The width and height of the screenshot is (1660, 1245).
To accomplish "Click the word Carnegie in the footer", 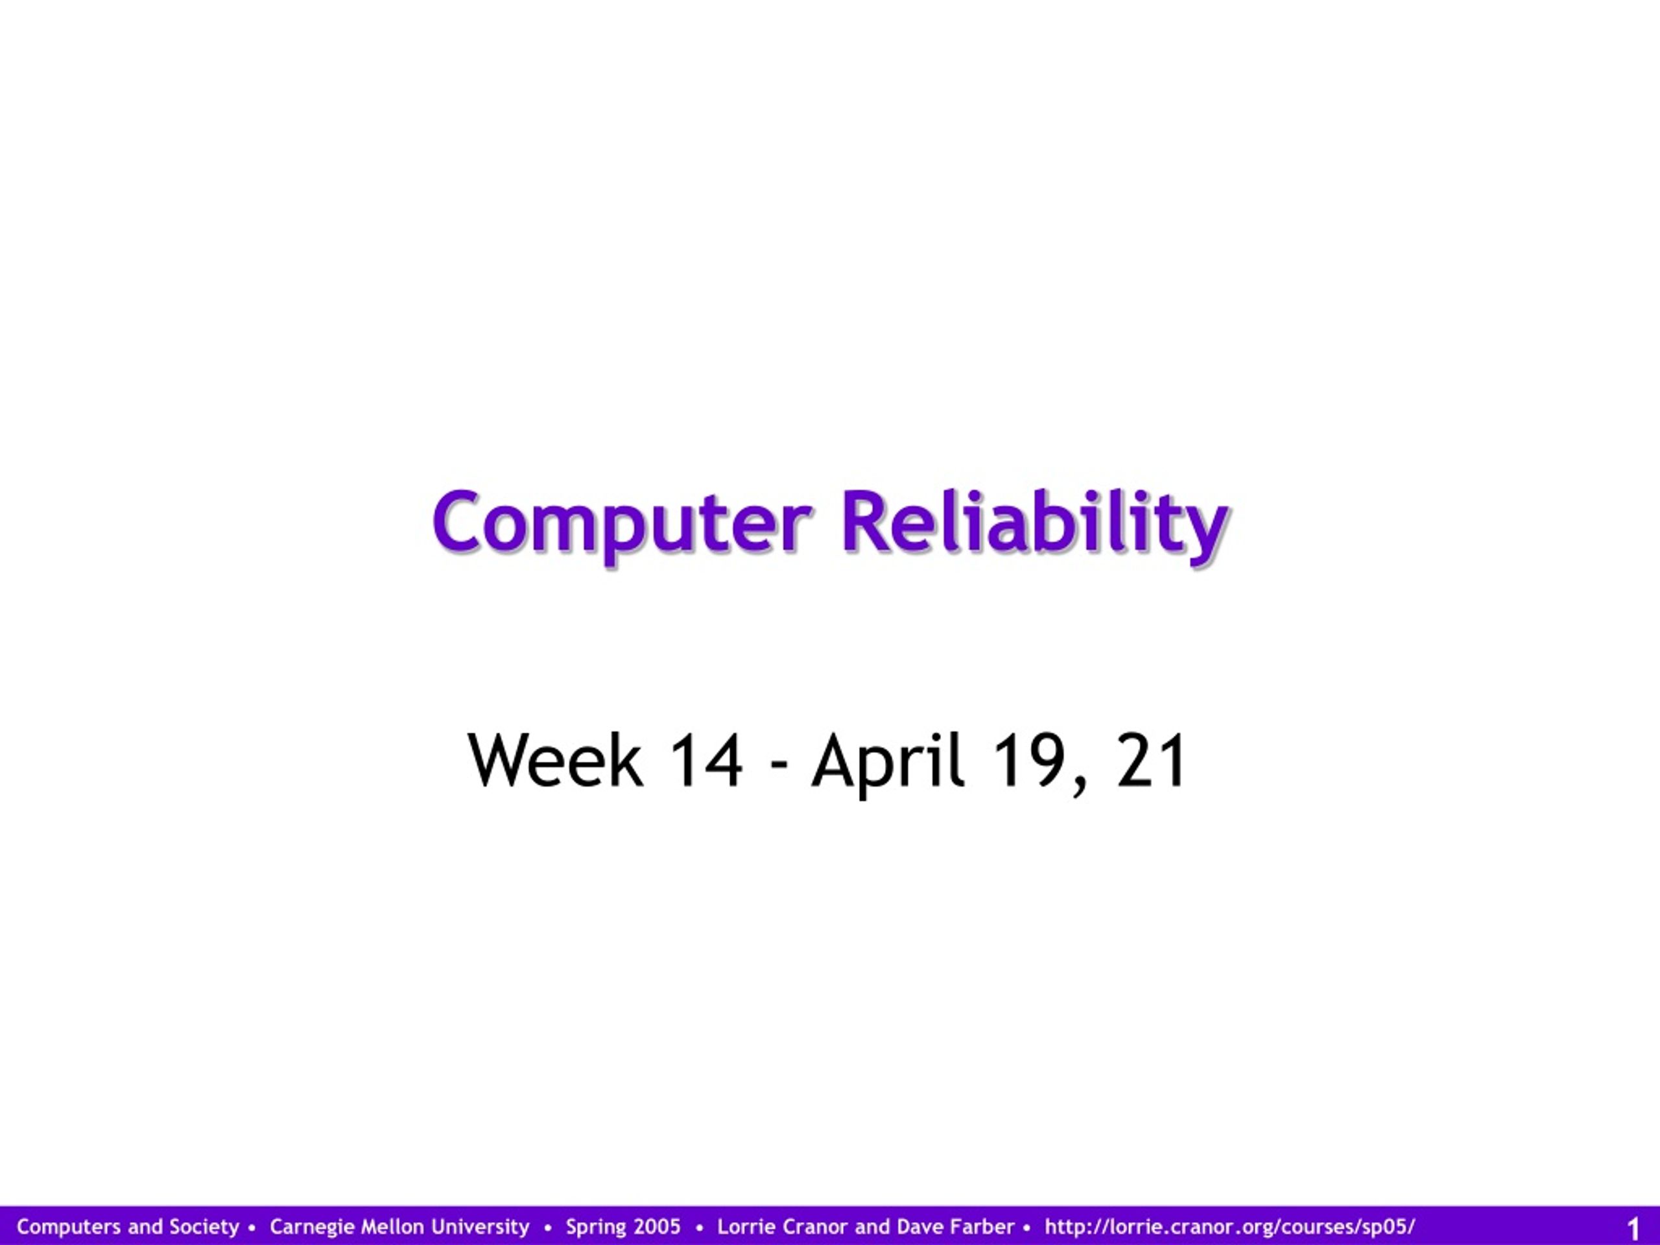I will pyautogui.click(x=312, y=1227).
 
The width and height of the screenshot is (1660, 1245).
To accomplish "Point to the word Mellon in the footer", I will pyautogui.click(x=390, y=1227).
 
